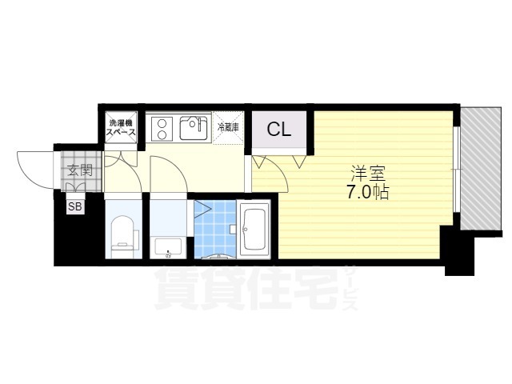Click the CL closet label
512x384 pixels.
[x=278, y=129]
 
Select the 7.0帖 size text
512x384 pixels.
[x=368, y=193]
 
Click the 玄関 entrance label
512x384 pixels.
[x=78, y=170]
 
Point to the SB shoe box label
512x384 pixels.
[x=74, y=207]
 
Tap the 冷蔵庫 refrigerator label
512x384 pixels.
[x=230, y=126]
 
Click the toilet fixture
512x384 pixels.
[x=122, y=234]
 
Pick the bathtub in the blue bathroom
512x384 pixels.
[x=254, y=230]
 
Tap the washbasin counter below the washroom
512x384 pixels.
[x=168, y=246]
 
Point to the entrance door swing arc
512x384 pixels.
[x=34, y=166]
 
